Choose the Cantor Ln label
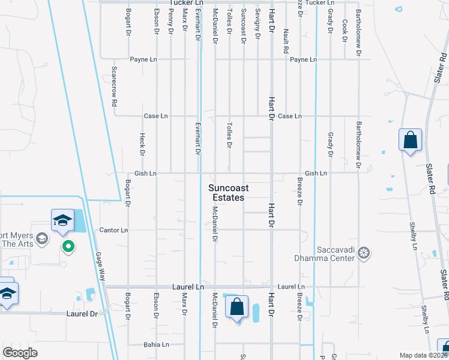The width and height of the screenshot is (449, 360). pyautogui.click(x=113, y=230)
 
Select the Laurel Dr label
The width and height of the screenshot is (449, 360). pyautogui.click(x=81, y=314)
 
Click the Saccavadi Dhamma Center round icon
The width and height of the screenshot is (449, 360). pyautogui.click(x=363, y=254)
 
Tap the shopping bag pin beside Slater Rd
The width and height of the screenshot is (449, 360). pyautogui.click(x=410, y=140)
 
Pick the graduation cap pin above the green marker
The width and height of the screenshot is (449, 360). pyautogui.click(x=63, y=220)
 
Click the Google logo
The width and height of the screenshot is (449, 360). pyautogui.click(x=20, y=353)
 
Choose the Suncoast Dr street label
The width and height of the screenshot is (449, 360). pyautogui.click(x=243, y=26)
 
